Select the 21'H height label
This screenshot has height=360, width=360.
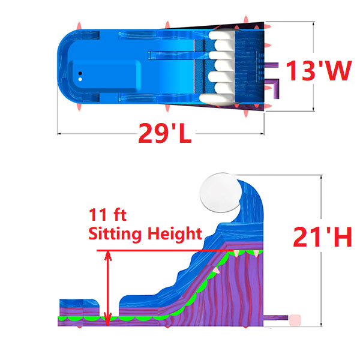[x=322, y=238]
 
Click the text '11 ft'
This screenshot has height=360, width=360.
[x=108, y=215]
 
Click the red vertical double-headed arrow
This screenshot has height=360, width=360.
[x=108, y=288]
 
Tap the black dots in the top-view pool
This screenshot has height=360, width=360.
[x=80, y=74]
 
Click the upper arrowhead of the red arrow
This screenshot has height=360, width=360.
[x=108, y=254]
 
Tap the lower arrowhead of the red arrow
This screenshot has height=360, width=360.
[x=108, y=322]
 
